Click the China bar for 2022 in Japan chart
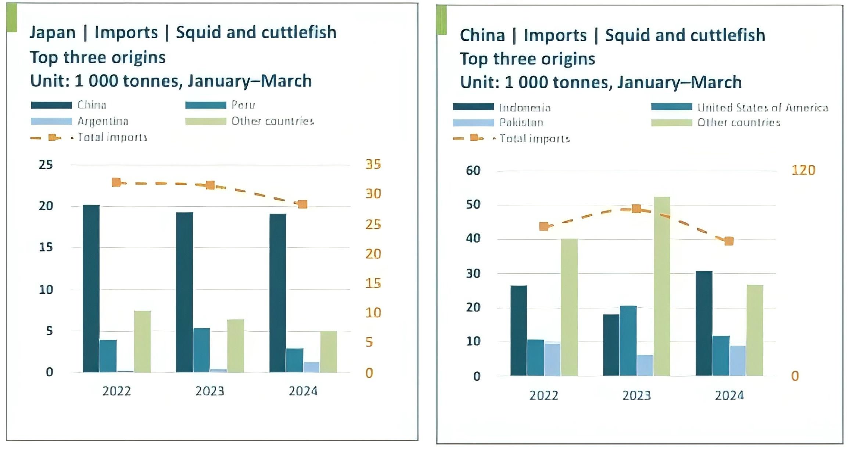[91, 289]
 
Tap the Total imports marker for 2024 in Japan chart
[302, 204]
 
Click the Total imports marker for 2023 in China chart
[636, 209]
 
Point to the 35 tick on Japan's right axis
[373, 164]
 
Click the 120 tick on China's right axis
[803, 170]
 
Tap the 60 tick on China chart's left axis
[473, 171]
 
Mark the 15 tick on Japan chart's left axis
[46, 247]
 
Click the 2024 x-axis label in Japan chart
[303, 391]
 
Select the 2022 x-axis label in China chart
[543, 395]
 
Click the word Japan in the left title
[53, 32]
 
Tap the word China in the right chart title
[482, 35]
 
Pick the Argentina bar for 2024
[311, 367]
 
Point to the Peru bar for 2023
[201, 350]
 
